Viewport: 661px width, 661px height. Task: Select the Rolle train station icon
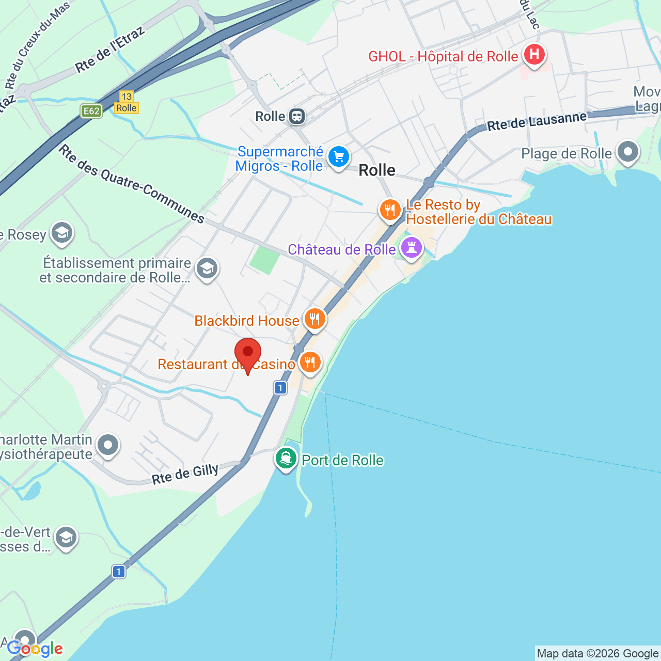(296, 116)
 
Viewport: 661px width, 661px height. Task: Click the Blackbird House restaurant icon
(314, 319)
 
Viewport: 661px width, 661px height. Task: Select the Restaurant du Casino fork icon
(310, 363)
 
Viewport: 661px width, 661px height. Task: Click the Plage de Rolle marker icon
(628, 152)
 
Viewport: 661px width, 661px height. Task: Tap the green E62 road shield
(91, 111)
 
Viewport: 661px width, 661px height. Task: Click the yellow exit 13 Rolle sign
(127, 102)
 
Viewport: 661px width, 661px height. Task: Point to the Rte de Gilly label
(185, 474)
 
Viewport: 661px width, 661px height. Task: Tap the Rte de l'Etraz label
(109, 51)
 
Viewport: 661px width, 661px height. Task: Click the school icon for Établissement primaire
(207, 269)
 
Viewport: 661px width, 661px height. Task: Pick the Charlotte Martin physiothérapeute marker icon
(108, 445)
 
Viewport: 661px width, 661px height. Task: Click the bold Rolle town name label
(377, 170)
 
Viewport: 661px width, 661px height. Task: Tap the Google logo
(35, 649)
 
